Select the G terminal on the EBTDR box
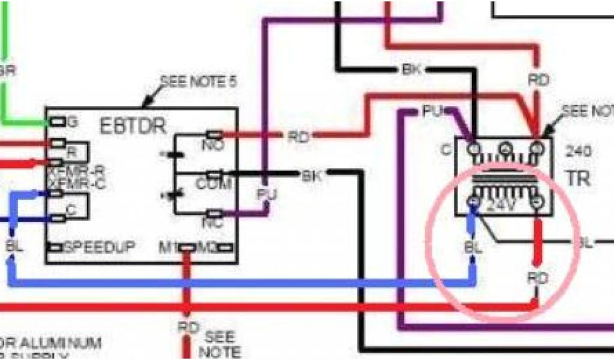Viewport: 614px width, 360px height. coord(72,122)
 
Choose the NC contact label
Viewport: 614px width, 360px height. coord(213,222)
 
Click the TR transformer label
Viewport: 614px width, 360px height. coord(579,178)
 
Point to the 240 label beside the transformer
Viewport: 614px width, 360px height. coord(577,151)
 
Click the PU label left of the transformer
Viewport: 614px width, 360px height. coord(432,111)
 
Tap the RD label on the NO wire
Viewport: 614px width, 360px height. coord(298,137)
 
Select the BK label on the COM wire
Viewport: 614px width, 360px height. coord(311,176)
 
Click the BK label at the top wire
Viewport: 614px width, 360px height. coord(413,70)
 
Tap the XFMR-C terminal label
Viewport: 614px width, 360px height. coord(76,184)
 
